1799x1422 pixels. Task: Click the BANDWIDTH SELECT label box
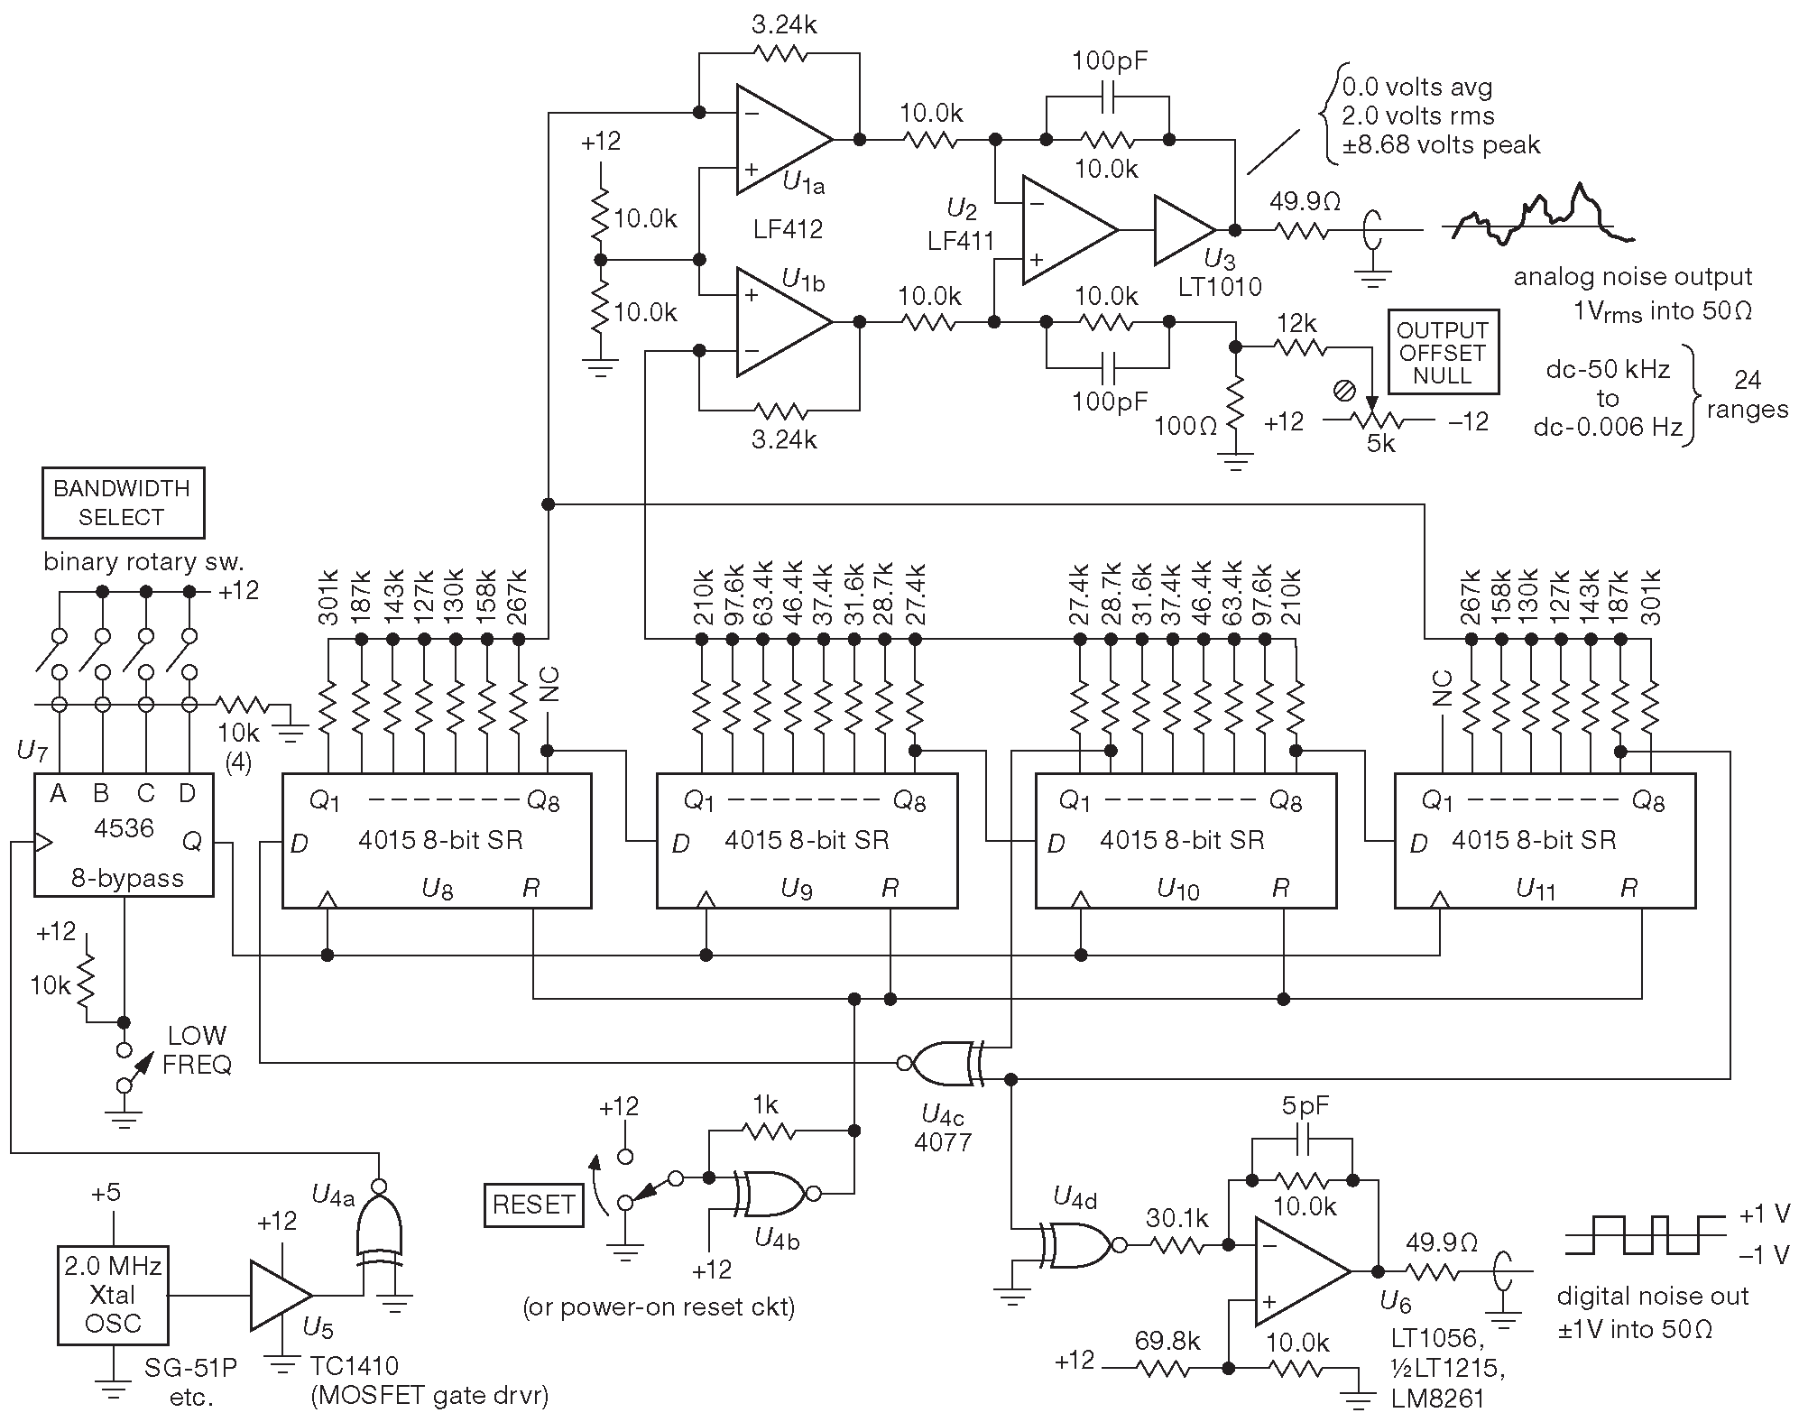pyautogui.click(x=123, y=503)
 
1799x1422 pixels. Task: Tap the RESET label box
pyautogui.click(x=534, y=1205)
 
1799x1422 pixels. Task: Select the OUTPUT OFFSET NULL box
pyautogui.click(x=1443, y=353)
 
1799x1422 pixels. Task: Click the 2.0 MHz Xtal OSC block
pyautogui.click(x=114, y=1295)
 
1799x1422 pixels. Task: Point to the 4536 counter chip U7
pyautogui.click(x=124, y=835)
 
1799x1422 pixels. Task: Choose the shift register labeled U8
pyautogui.click(x=437, y=840)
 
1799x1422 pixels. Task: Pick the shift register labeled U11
pyautogui.click(x=1545, y=840)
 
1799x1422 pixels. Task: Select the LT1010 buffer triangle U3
pyautogui.click(x=1183, y=230)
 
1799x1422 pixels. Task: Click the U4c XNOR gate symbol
pyautogui.click(x=943, y=1064)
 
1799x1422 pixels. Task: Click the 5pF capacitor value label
pyautogui.click(x=1305, y=1106)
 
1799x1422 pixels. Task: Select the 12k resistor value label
pyautogui.click(x=1296, y=324)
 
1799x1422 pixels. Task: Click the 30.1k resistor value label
pyautogui.click(x=1176, y=1219)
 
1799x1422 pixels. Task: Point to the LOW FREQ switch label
pyautogui.click(x=197, y=1050)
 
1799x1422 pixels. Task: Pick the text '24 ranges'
pyautogui.click(x=1747, y=394)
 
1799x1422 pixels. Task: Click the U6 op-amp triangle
pyautogui.click(x=1297, y=1271)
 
